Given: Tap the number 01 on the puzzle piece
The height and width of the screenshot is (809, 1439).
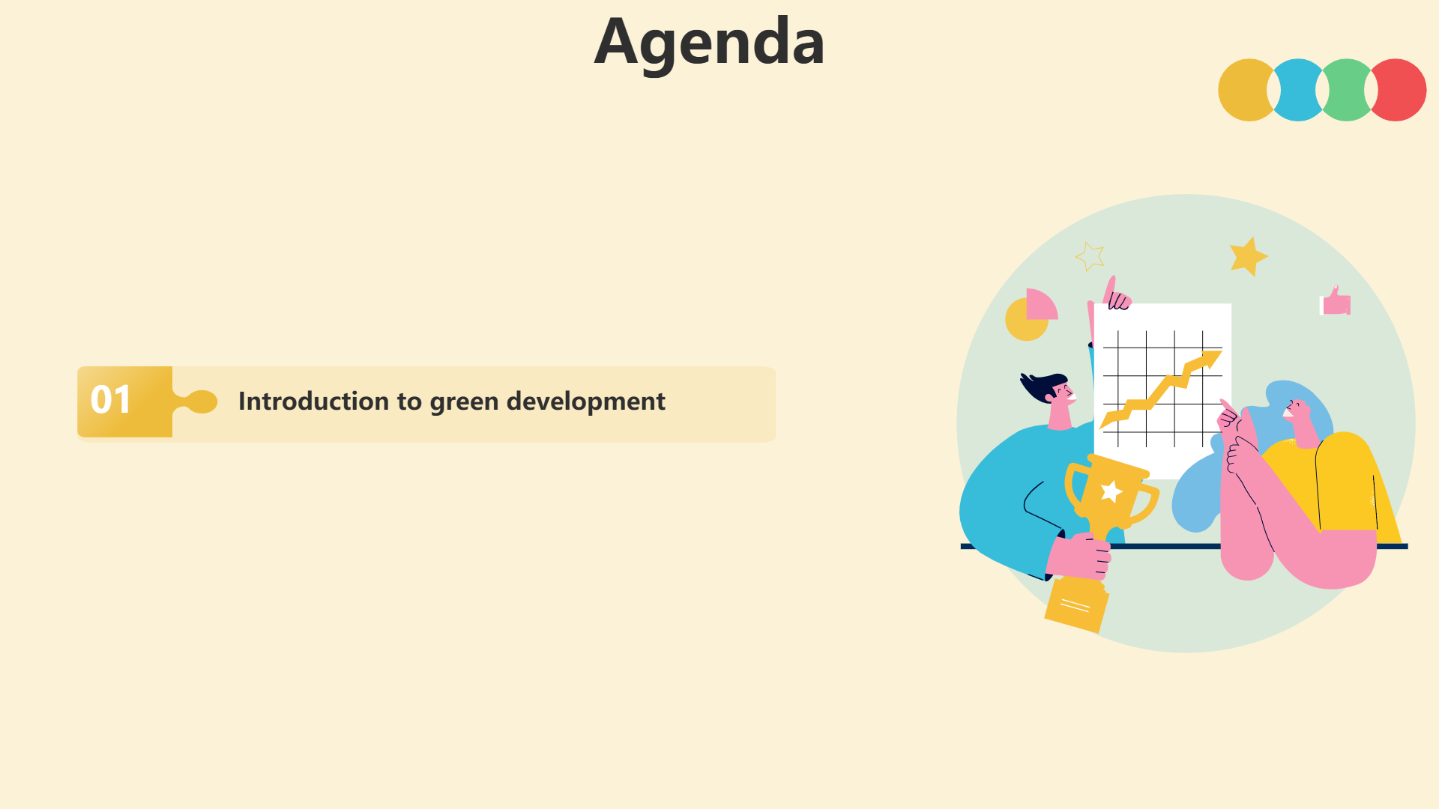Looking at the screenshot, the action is coord(111,400).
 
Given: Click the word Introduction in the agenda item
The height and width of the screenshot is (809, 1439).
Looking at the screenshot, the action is coord(314,401).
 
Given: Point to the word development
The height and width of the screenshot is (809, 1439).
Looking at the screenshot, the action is coord(586,402).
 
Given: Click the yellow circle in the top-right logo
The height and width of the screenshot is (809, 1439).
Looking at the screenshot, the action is coord(1244,90).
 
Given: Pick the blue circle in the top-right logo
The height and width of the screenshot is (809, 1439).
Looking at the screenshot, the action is coord(1298,90).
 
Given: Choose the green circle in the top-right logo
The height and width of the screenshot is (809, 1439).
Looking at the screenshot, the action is coord(1347,90).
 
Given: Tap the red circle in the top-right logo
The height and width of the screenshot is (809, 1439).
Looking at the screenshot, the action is coord(1398,90).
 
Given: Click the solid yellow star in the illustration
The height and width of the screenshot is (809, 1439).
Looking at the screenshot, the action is coord(1248,257).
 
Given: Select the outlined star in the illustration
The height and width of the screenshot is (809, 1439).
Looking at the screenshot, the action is coord(1090,255).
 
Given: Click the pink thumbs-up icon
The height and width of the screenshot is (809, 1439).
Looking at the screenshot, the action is coord(1336,301).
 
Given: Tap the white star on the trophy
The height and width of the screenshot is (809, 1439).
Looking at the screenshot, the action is coord(1111,491).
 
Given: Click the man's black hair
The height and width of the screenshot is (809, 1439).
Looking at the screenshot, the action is coord(1042,386).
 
